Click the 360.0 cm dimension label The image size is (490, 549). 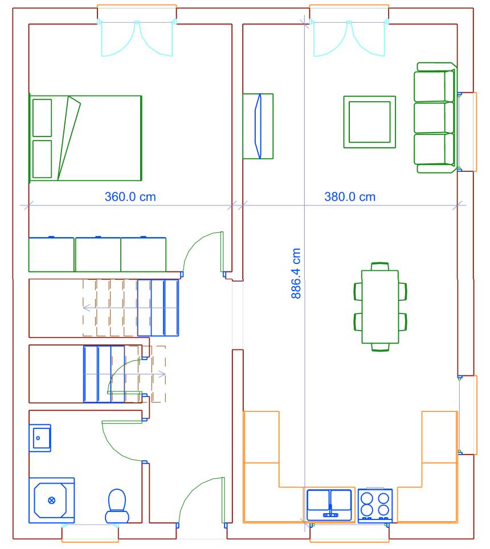click(130, 197)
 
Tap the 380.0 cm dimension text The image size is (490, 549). click(350, 197)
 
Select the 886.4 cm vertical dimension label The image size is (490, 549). click(296, 274)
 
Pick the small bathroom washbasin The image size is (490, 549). click(40, 438)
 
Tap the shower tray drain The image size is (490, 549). click(51, 500)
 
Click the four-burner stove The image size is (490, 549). click(375, 506)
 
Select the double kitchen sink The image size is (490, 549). click(329, 505)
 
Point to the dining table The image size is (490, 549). click(380, 307)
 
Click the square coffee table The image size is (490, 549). click(370, 122)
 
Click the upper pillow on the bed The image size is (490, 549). click(42, 118)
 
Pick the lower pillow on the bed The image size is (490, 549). click(42, 159)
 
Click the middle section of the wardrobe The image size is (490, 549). click(98, 254)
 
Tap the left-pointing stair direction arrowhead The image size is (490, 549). click(86, 308)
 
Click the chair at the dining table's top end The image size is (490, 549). click(380, 266)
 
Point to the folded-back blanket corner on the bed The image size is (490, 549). click(69, 138)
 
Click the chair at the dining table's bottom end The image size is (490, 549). click(380, 347)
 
